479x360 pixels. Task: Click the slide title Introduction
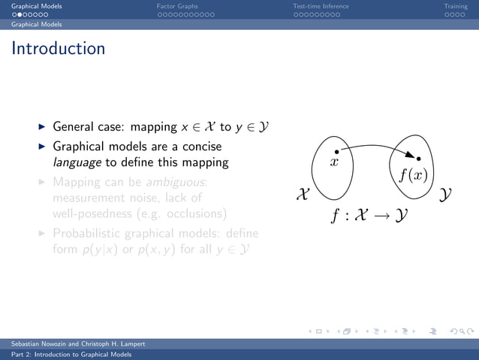[59, 50]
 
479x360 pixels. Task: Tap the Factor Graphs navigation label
[177, 6]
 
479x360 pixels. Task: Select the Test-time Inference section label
[321, 6]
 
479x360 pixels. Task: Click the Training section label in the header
[455, 6]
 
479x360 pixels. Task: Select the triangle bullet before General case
[42, 127]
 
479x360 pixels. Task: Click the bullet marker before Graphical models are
[42, 147]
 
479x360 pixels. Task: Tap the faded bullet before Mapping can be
[42, 183]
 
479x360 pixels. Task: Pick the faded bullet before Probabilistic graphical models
[42, 234]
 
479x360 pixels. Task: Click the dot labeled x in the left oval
[336, 151]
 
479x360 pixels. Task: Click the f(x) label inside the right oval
[413, 176]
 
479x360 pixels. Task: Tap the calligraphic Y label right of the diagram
[446, 195]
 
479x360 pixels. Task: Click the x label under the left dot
[336, 162]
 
